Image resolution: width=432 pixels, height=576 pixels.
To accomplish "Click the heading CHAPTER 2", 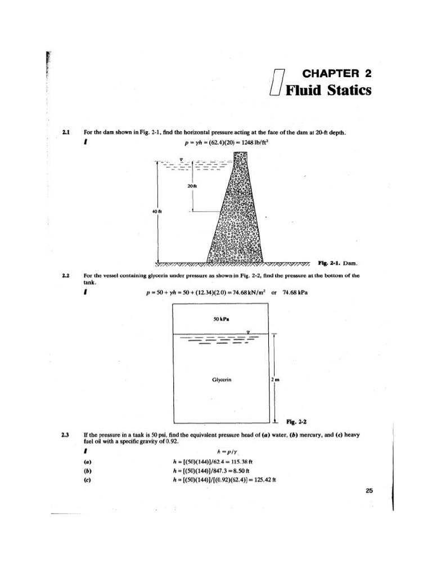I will (336, 74).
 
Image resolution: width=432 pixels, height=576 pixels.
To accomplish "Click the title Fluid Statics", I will (328, 91).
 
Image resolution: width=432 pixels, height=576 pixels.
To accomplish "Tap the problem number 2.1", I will (66, 133).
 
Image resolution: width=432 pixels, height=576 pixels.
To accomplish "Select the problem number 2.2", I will (66, 276).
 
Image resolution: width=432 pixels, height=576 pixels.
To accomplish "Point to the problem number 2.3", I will (66, 435).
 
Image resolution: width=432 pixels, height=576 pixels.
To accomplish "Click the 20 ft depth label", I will (191, 184).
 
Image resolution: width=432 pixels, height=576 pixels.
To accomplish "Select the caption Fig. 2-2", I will (296, 421).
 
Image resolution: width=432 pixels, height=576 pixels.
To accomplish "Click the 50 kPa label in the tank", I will (220, 319).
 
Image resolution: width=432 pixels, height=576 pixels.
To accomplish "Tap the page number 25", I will (369, 491).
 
